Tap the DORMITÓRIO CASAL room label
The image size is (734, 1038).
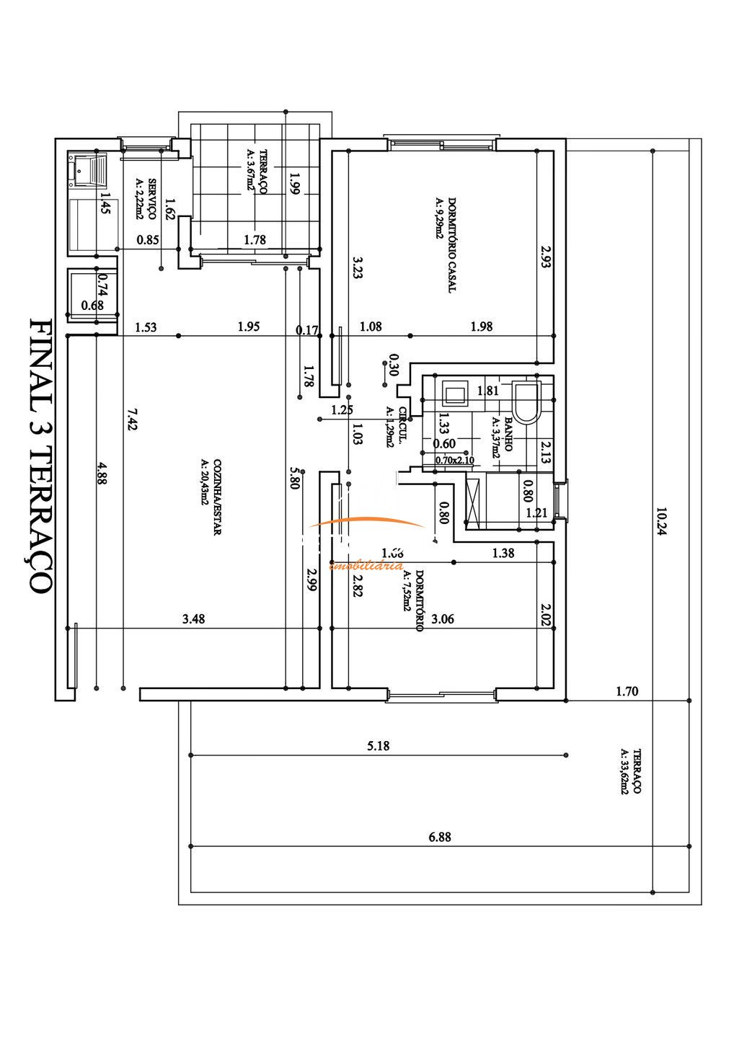tap(452, 244)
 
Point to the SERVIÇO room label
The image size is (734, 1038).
tap(152, 198)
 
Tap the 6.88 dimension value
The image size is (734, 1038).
tap(439, 837)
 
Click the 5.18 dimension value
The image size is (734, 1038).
tap(378, 746)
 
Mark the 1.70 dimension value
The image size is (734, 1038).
tap(627, 691)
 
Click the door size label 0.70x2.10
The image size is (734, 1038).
tap(454, 459)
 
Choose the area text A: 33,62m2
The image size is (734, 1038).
tap(624, 771)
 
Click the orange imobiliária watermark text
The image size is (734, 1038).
tap(366, 567)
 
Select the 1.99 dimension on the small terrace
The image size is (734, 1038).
tap(293, 184)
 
